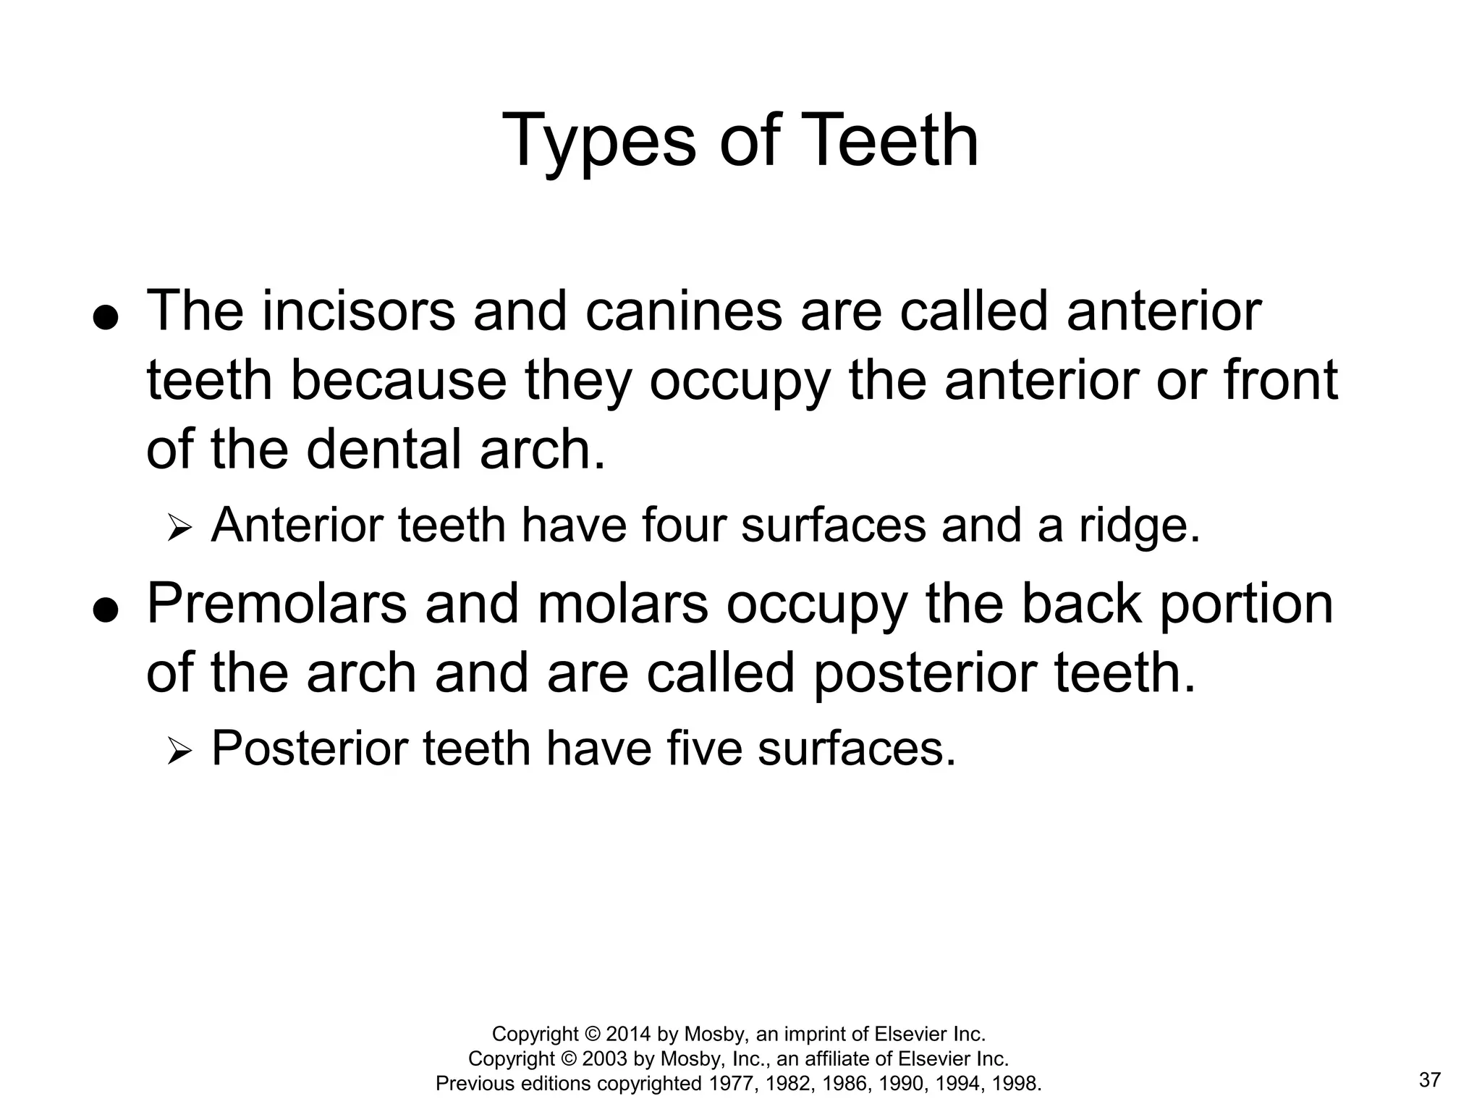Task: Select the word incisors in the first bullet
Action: [358, 311]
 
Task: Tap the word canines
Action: [683, 311]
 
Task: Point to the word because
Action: [399, 381]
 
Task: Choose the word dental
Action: [384, 450]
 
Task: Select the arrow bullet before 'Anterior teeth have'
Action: [178, 528]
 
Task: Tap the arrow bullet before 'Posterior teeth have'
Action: [178, 751]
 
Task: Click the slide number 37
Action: [1430, 1080]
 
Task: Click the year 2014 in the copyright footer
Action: [629, 1033]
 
